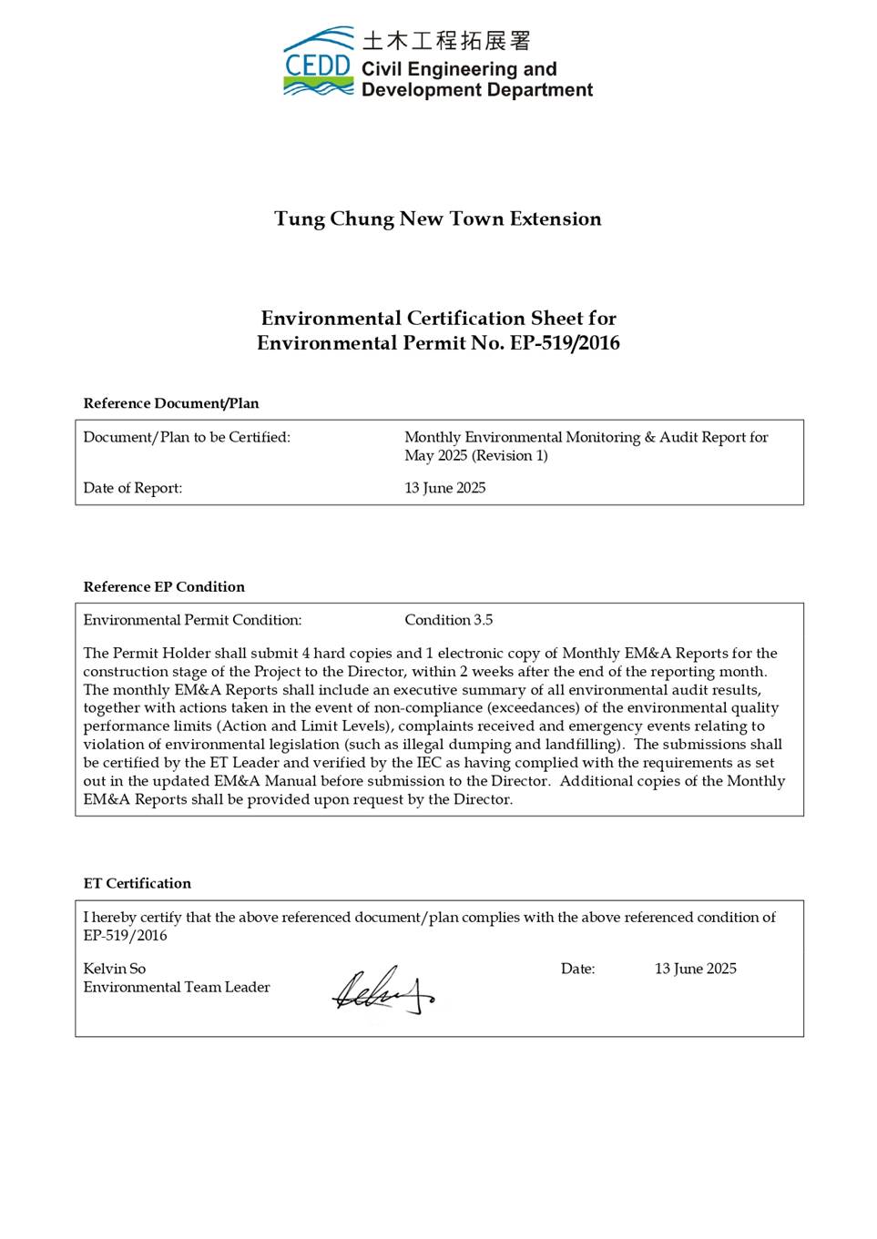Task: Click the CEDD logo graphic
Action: [x=318, y=62]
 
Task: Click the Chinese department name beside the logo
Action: [x=445, y=41]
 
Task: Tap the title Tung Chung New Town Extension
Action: [x=438, y=219]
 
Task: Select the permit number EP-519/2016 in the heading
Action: [x=565, y=343]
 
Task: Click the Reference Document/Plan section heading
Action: [x=171, y=403]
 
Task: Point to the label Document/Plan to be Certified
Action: [x=187, y=437]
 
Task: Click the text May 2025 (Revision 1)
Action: [x=476, y=455]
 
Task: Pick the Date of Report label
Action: [x=133, y=488]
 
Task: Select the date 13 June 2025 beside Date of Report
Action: [x=445, y=488]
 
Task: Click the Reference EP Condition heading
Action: [x=164, y=587]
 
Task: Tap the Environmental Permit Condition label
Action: [x=192, y=620]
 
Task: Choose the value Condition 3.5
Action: [x=449, y=620]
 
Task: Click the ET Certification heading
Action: [x=138, y=883]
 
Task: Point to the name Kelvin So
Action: [x=115, y=969]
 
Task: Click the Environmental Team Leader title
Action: [x=177, y=987]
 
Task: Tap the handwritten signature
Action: [x=382, y=990]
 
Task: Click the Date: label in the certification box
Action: [x=577, y=969]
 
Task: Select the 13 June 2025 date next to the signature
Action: [x=696, y=969]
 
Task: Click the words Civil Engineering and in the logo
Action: [x=459, y=69]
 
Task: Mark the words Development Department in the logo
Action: [x=477, y=90]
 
